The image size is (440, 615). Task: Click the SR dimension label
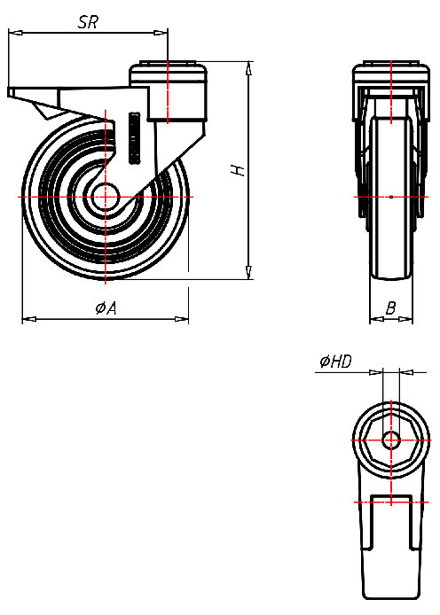[88, 23]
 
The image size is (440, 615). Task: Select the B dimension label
[390, 308]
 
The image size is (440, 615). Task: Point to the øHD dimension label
[334, 361]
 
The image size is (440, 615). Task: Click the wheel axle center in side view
[106, 196]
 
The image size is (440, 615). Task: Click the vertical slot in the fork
[134, 137]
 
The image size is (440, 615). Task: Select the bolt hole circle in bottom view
[390, 440]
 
